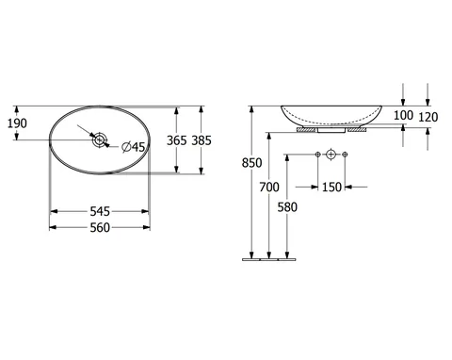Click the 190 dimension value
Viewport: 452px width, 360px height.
[x=17, y=123]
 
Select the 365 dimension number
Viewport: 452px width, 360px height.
[x=176, y=140]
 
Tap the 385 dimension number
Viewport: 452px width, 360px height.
[x=202, y=140]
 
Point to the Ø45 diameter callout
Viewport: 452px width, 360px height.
[x=134, y=147]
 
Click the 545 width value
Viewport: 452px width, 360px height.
[x=100, y=211]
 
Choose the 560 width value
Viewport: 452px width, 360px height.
[x=100, y=227]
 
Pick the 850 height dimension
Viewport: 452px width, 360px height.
[x=251, y=163]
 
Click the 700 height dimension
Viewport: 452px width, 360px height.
[x=269, y=188]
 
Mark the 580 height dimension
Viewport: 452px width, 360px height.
[x=287, y=207]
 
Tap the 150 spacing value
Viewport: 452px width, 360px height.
[x=331, y=188]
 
